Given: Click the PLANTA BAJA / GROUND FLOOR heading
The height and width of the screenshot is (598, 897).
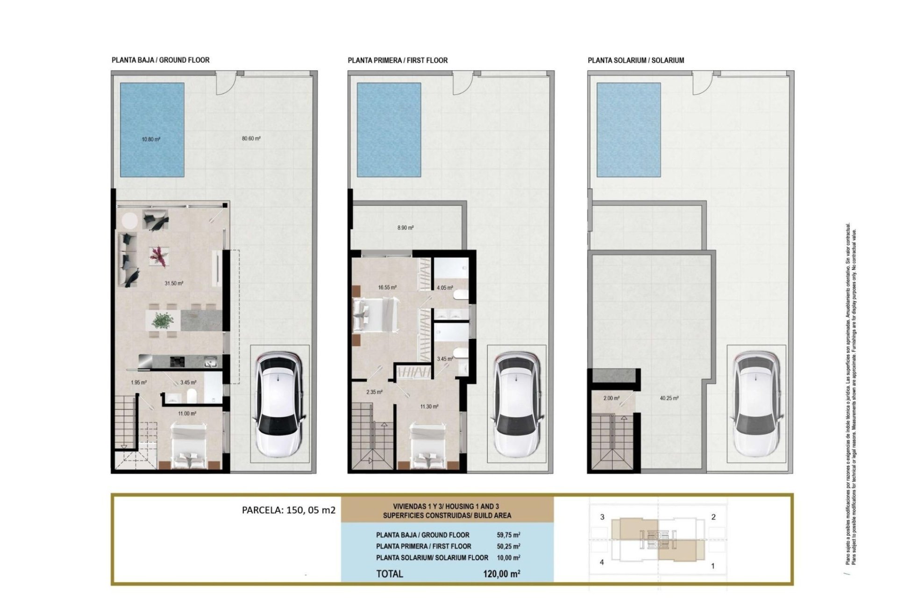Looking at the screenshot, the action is (x=160, y=60).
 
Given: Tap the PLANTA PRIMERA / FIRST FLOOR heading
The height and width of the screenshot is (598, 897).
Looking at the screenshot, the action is (x=398, y=60).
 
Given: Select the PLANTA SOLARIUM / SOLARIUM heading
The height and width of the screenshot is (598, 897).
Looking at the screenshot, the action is (x=636, y=60).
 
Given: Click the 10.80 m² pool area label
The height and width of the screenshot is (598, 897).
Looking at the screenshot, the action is (x=151, y=139).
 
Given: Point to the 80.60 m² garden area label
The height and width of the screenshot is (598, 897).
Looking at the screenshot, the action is (x=251, y=139).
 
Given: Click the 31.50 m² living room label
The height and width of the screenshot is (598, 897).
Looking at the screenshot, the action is (x=174, y=283).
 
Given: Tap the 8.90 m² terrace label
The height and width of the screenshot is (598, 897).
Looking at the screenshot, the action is (x=406, y=228).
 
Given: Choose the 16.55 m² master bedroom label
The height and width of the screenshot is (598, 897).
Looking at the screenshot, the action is (x=387, y=288).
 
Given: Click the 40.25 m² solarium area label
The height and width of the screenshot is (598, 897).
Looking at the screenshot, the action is (x=669, y=399).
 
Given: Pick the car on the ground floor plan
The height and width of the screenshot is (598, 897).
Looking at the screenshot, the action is (x=279, y=405).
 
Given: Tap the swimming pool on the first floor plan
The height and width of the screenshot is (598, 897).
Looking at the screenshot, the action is (x=389, y=130).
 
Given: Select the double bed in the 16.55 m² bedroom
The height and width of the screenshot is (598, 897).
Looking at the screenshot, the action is (x=375, y=316).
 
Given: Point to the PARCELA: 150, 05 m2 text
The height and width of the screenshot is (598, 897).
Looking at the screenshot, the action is (x=289, y=510).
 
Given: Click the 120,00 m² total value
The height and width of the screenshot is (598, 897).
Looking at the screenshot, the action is (x=502, y=574).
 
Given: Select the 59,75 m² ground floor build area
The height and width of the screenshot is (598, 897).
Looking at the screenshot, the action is (x=508, y=535).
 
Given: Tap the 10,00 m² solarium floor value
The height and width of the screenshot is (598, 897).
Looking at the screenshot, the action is (x=508, y=558).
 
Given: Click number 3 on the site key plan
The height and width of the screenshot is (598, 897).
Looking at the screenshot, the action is (x=602, y=517).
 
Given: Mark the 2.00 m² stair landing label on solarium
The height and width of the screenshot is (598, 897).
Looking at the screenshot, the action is (x=611, y=399).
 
